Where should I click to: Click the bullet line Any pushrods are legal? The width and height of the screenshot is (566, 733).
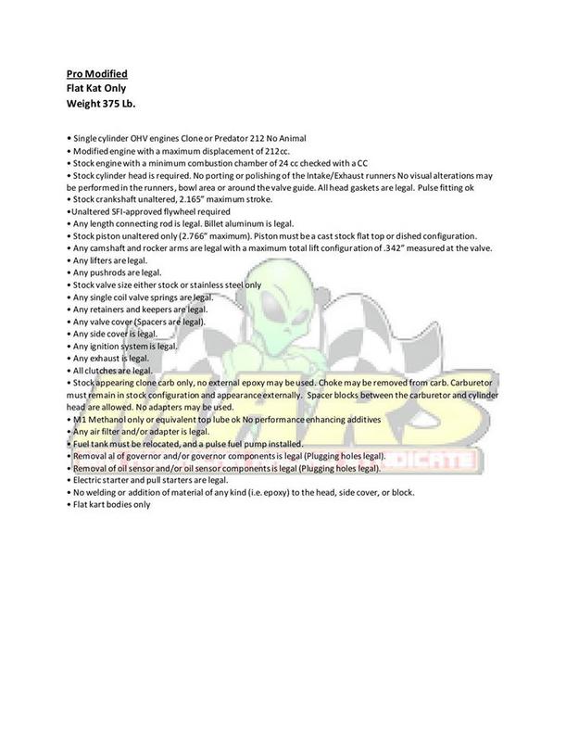point(116,273)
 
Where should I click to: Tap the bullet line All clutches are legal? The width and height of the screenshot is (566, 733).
point(116,369)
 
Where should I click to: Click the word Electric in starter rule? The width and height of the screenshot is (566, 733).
point(89,480)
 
